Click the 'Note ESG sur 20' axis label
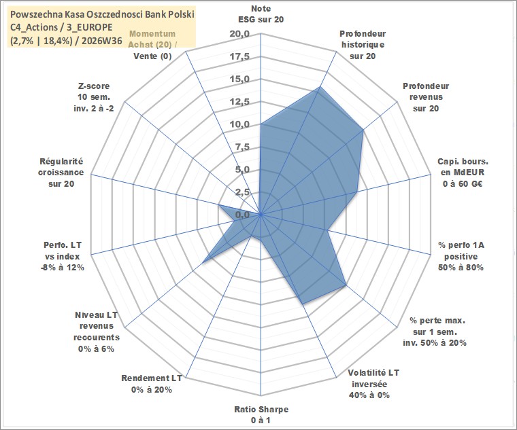tap(261, 14)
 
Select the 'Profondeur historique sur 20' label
tap(363, 45)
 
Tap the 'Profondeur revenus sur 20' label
tap(426, 97)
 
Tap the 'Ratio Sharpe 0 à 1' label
tap(261, 415)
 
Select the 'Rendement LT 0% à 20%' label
tap(151, 384)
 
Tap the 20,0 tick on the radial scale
tap(240, 34)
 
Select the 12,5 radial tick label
tap(240, 102)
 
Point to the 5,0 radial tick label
tap(242, 170)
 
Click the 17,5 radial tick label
tap(240, 56)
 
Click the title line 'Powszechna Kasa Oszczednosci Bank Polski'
tap(102, 14)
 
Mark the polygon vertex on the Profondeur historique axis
tap(319, 87)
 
